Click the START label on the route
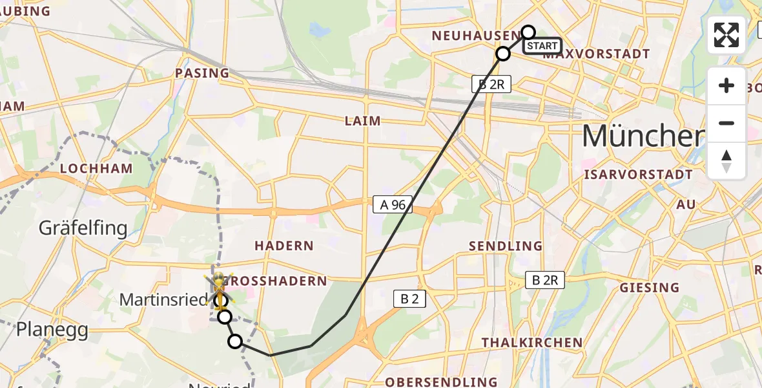coord(542,46)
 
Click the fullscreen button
coord(726,35)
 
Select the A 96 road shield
coord(393,205)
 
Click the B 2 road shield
coord(409,299)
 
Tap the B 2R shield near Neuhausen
coord(491,83)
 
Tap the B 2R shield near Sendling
coord(545,280)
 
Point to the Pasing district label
coord(202,73)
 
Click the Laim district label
coord(362,121)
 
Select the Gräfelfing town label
coord(83,228)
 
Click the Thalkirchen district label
coord(531,343)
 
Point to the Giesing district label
coord(649,288)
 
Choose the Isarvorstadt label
coord(638,175)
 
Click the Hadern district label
coord(283,246)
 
